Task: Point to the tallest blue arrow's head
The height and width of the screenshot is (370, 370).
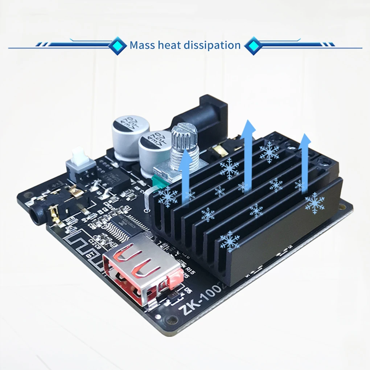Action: (249, 128)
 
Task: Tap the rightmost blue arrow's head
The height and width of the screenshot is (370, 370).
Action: (305, 140)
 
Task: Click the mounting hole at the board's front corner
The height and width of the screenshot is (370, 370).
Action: (167, 320)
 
